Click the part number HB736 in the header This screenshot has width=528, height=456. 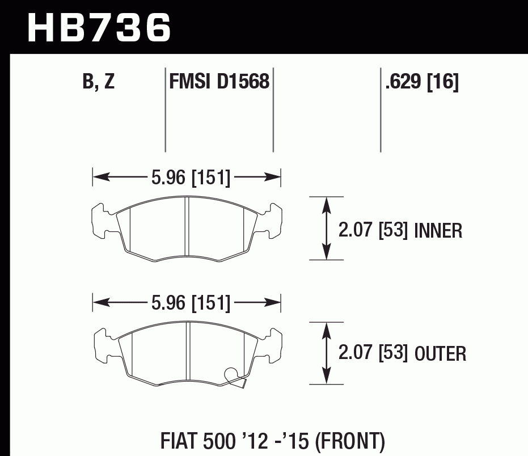pos(99,27)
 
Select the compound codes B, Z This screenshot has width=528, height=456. pos(99,82)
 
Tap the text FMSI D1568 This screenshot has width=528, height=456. pos(219,82)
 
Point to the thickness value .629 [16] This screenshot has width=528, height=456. pos(421,82)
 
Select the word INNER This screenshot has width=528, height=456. pos(438,231)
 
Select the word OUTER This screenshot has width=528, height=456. pos(440,354)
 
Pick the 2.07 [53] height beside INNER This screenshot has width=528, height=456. pos(373,231)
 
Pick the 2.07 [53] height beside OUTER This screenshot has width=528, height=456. pos(373,354)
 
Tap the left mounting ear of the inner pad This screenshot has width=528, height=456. pos(101,221)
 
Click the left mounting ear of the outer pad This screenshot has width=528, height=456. pos(101,345)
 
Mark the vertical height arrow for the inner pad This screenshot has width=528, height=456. pos(326,229)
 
